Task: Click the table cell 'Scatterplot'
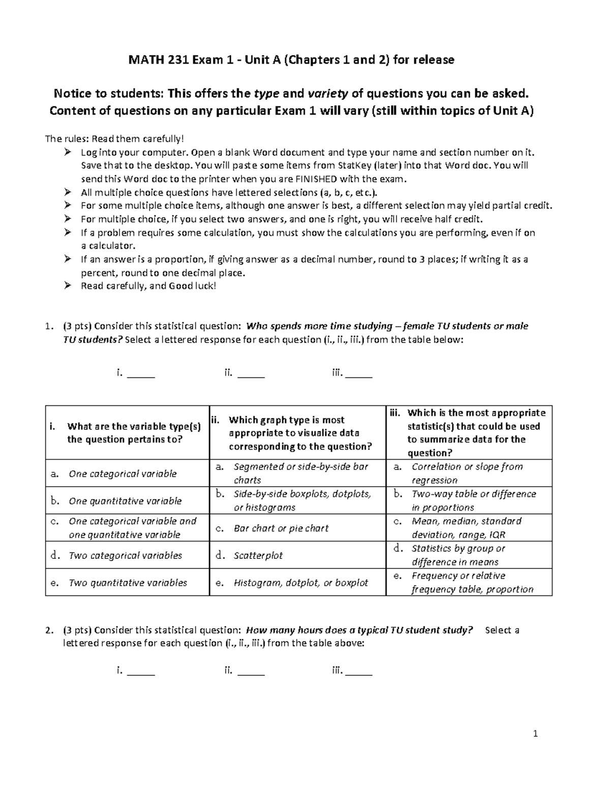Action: pyautogui.click(x=258, y=555)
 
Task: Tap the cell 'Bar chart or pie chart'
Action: pyautogui.click(x=281, y=528)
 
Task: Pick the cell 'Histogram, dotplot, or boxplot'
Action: pyautogui.click(x=300, y=583)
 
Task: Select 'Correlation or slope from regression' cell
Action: pyautogui.click(x=467, y=473)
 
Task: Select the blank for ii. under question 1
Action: pyautogui.click(x=251, y=375)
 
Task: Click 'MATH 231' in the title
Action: pyautogui.click(x=159, y=60)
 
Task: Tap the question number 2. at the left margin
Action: pyautogui.click(x=49, y=630)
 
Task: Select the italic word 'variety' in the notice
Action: pyautogui.click(x=327, y=93)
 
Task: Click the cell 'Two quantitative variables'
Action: pyautogui.click(x=128, y=583)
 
